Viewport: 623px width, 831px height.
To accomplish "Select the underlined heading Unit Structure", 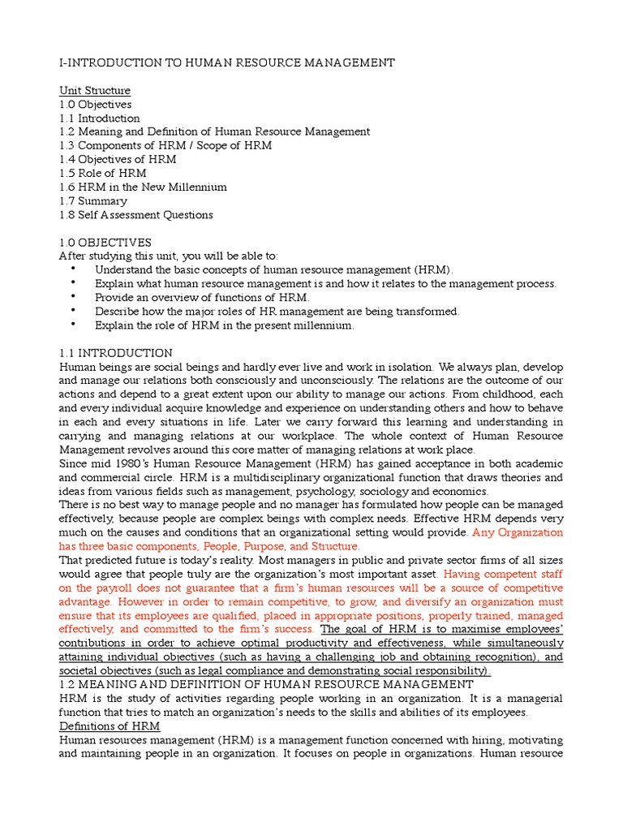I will click(95, 90).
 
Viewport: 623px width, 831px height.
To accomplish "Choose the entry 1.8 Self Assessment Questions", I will click(136, 215).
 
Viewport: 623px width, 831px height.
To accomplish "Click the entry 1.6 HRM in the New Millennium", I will click(143, 187).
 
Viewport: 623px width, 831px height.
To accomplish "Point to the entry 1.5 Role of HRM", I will click(103, 173).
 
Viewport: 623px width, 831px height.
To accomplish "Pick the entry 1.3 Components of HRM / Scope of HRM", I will click(165, 145).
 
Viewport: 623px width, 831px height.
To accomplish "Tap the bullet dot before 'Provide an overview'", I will click(73, 297).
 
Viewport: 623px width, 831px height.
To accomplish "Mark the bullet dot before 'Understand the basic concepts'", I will click(73, 269).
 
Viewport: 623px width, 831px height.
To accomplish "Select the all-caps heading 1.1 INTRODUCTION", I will click(116, 353).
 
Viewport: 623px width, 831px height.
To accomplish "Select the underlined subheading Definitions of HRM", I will click(110, 726).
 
